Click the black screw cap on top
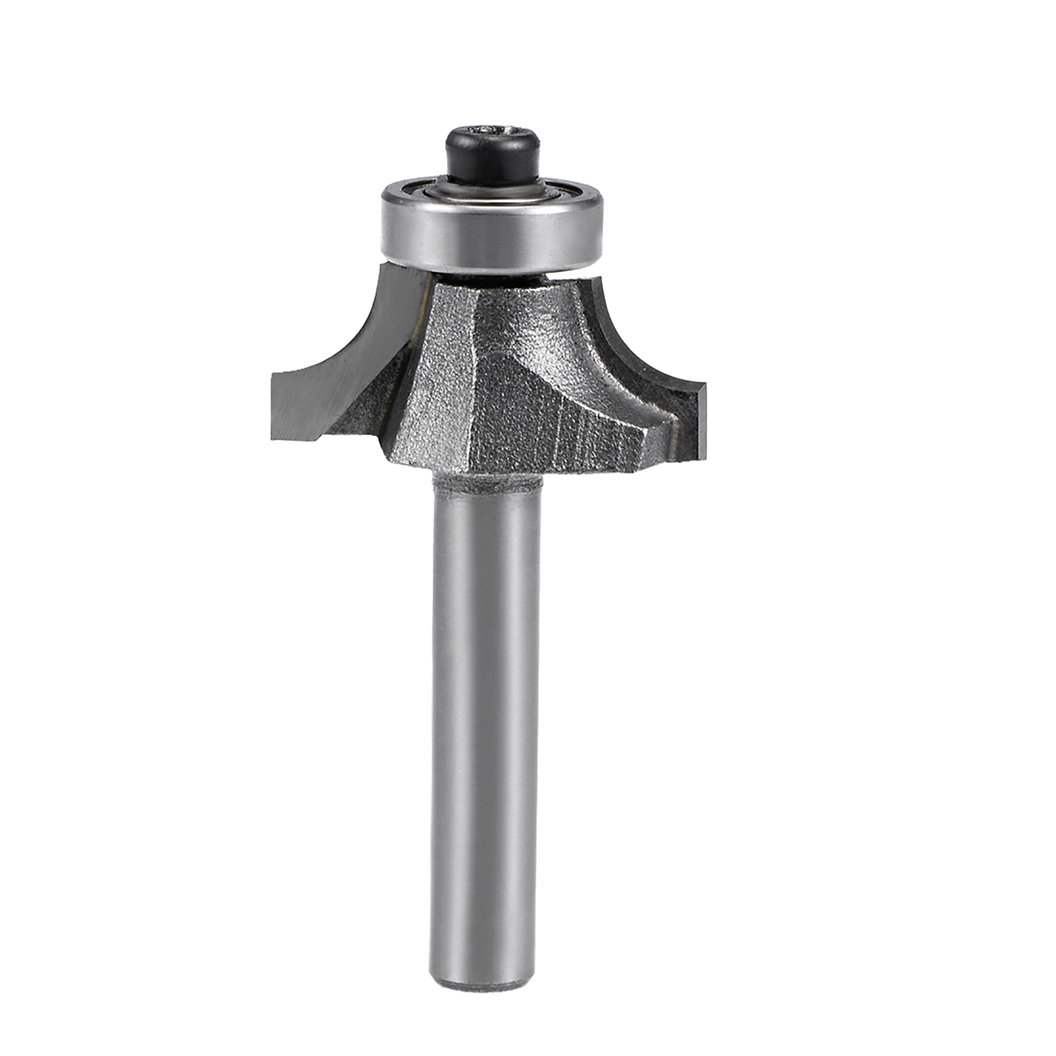coord(492,158)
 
